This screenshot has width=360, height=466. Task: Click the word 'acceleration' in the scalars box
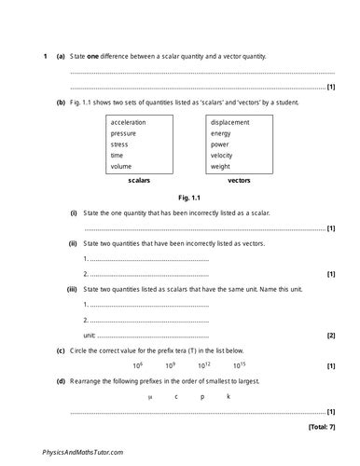coord(128,122)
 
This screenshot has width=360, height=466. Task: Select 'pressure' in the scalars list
coord(123,133)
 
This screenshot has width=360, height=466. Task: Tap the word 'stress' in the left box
coord(119,144)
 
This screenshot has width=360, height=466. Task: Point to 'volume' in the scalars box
coord(121,166)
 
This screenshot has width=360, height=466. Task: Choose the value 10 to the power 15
coord(240,365)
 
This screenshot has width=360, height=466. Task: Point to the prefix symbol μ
coord(149,396)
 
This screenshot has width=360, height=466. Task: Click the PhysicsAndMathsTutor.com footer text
coord(83,451)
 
